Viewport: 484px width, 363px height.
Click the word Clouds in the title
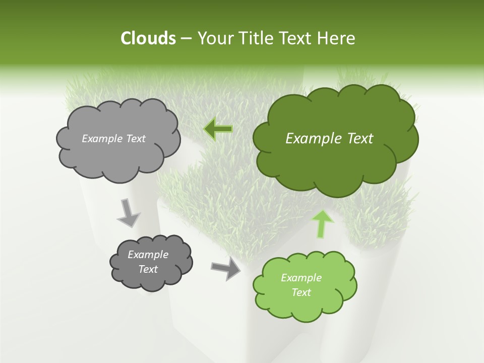point(148,38)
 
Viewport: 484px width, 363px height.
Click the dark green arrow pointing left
point(218,129)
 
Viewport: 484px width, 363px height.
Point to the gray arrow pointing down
point(128,212)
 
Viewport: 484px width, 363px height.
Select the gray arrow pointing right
point(226,269)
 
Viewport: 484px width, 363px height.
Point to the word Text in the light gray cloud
point(137,139)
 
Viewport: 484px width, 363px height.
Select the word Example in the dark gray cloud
point(148,255)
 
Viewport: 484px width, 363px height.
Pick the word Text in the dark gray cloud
point(148,269)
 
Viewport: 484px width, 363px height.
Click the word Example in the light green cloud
point(301,278)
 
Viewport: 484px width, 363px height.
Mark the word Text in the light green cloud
point(301,292)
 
